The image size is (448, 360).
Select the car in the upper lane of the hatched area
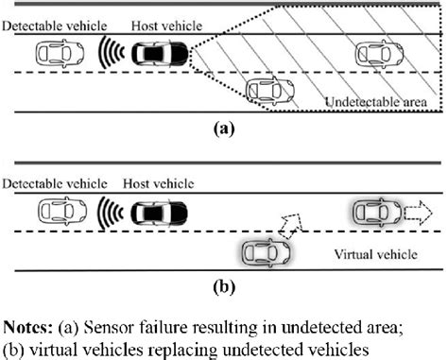[x=376, y=54]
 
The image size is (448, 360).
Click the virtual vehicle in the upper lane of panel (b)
[x=376, y=212]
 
